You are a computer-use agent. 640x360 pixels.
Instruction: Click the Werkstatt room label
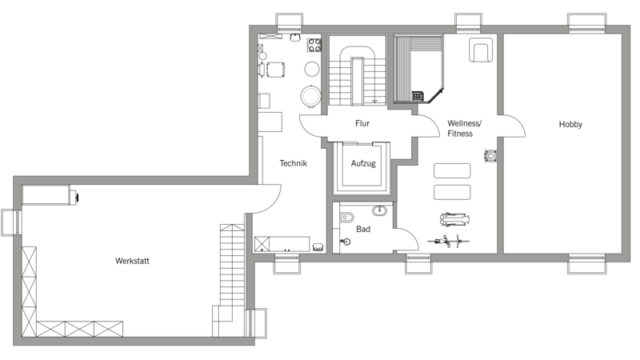click(x=132, y=261)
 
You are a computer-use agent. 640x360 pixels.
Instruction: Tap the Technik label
click(x=293, y=163)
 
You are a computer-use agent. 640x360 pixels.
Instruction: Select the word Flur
click(x=362, y=123)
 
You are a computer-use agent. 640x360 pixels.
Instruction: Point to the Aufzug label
click(x=363, y=164)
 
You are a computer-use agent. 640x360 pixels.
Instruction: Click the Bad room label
click(x=363, y=229)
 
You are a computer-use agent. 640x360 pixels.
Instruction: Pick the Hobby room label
click(x=570, y=124)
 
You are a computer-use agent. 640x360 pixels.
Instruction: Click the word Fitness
click(x=460, y=134)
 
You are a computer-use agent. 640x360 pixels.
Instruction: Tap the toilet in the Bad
click(x=346, y=217)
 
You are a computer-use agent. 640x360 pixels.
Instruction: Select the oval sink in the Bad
click(x=379, y=210)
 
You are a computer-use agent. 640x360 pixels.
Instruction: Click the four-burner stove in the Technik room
click(x=314, y=45)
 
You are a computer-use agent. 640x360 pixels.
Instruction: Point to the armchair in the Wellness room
click(x=481, y=50)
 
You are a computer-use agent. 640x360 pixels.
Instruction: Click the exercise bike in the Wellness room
click(x=448, y=242)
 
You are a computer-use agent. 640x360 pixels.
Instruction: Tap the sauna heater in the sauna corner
click(x=418, y=96)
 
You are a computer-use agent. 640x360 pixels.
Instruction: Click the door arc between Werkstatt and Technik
click(x=269, y=199)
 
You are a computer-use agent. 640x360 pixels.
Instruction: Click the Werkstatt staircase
click(x=232, y=266)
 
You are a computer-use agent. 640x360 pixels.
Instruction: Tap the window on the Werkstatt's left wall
click(x=11, y=222)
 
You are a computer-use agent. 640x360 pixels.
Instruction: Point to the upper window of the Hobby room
click(x=586, y=23)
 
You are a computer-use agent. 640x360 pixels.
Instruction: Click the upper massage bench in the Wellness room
click(x=452, y=170)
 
